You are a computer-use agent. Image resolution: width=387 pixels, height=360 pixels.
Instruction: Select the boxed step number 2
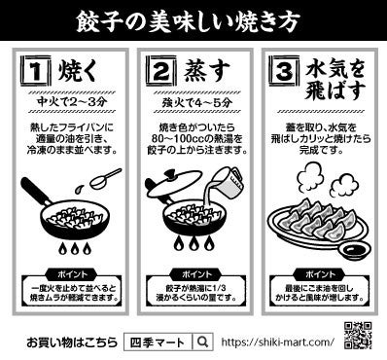pos(161,71)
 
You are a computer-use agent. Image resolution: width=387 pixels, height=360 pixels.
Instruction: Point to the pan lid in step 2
pos(176,186)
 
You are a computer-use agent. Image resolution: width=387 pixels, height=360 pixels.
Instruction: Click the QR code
pos(359,337)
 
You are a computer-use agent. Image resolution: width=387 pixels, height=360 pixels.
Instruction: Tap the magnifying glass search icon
pos(202,342)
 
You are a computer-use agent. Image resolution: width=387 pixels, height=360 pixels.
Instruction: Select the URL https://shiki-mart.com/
pos(277,342)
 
